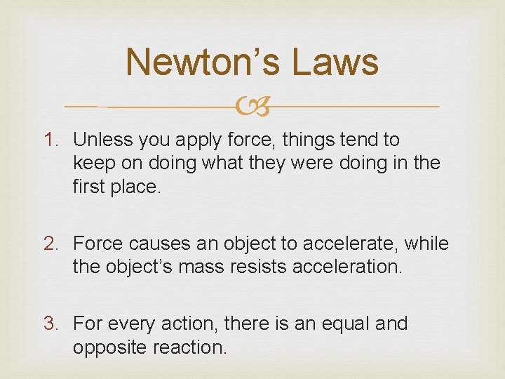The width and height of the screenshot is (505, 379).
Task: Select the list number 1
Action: [53, 140]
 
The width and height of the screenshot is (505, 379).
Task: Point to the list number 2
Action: [53, 244]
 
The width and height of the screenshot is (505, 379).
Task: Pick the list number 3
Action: [53, 324]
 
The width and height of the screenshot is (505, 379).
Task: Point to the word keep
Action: [93, 163]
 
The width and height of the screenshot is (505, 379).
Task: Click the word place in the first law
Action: [139, 186]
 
